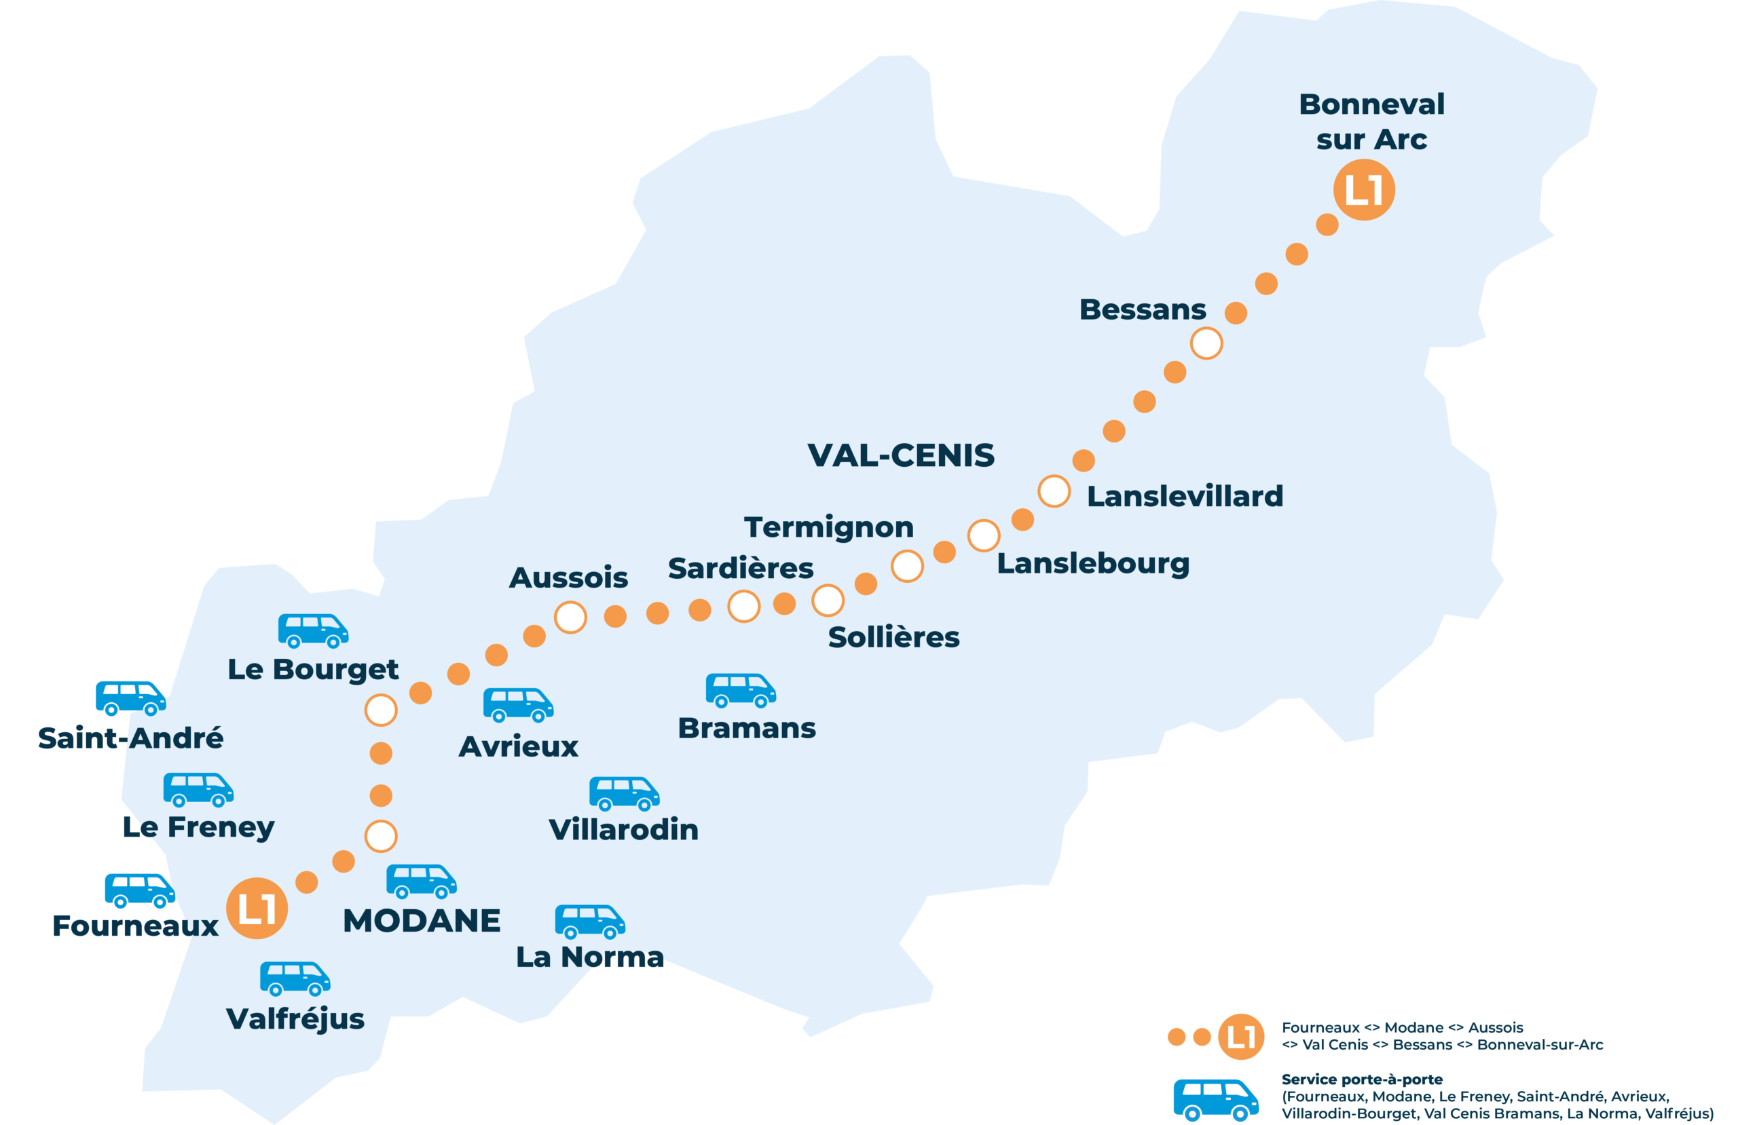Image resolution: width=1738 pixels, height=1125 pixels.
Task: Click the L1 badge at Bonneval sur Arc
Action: (1363, 190)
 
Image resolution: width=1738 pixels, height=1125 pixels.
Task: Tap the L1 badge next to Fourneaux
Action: (257, 908)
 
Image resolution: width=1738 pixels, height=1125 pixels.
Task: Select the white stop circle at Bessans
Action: (1206, 343)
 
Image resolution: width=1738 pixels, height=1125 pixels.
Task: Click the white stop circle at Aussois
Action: (570, 617)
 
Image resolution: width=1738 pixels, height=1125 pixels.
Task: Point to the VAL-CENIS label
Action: (900, 455)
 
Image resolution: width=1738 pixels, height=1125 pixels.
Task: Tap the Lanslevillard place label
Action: (1185, 497)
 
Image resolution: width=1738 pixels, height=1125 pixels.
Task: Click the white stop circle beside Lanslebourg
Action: (984, 536)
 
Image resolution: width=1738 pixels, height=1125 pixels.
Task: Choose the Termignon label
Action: (829, 527)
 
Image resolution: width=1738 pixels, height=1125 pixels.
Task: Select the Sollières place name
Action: (893, 637)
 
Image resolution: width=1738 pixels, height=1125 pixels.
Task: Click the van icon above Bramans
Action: (740, 690)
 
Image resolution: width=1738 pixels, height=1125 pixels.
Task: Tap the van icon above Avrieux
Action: (518, 704)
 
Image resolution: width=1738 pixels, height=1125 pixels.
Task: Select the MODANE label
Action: (422, 921)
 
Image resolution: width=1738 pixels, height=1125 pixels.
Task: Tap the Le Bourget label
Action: (313, 670)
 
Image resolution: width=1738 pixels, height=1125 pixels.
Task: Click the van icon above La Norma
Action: (589, 921)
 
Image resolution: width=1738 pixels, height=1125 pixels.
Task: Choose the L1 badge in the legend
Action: (1240, 1037)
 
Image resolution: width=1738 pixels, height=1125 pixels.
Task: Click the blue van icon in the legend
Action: (1215, 1099)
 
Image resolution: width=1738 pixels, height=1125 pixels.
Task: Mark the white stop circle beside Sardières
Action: (743, 606)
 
